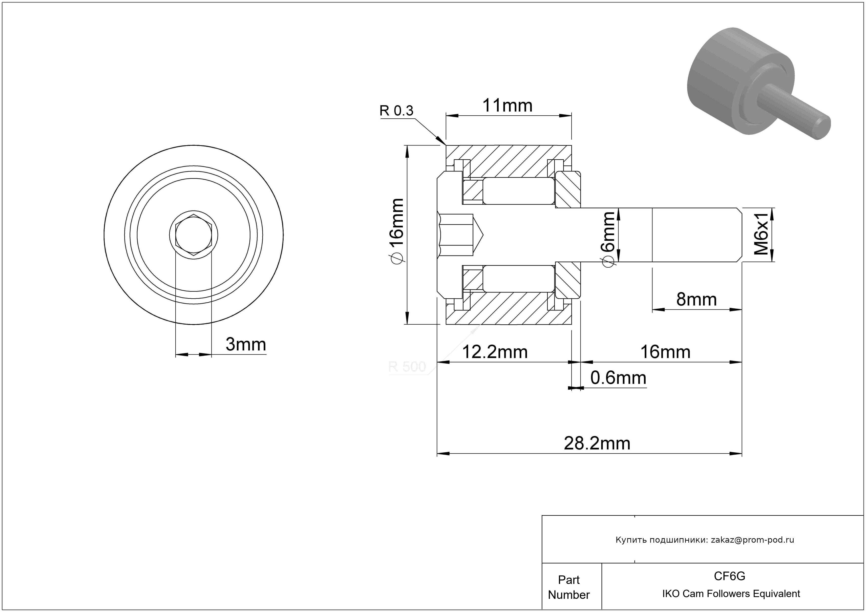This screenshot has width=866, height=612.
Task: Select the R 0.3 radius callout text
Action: (x=396, y=111)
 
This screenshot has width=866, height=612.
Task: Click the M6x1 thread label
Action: (x=761, y=234)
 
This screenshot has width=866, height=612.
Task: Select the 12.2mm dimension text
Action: (x=495, y=352)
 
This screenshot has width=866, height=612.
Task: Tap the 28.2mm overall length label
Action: (x=597, y=444)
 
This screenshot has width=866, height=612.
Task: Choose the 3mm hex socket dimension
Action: (x=246, y=344)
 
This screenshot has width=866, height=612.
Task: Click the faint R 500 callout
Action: (x=407, y=367)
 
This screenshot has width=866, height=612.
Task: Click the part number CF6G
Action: (x=729, y=576)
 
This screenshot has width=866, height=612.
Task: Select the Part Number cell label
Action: (x=569, y=587)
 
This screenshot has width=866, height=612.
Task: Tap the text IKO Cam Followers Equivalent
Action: (x=731, y=594)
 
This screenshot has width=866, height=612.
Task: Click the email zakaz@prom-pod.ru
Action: (x=752, y=540)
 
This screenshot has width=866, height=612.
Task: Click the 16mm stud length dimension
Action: (x=665, y=352)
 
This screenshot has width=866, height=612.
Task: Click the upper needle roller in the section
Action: (x=519, y=191)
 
